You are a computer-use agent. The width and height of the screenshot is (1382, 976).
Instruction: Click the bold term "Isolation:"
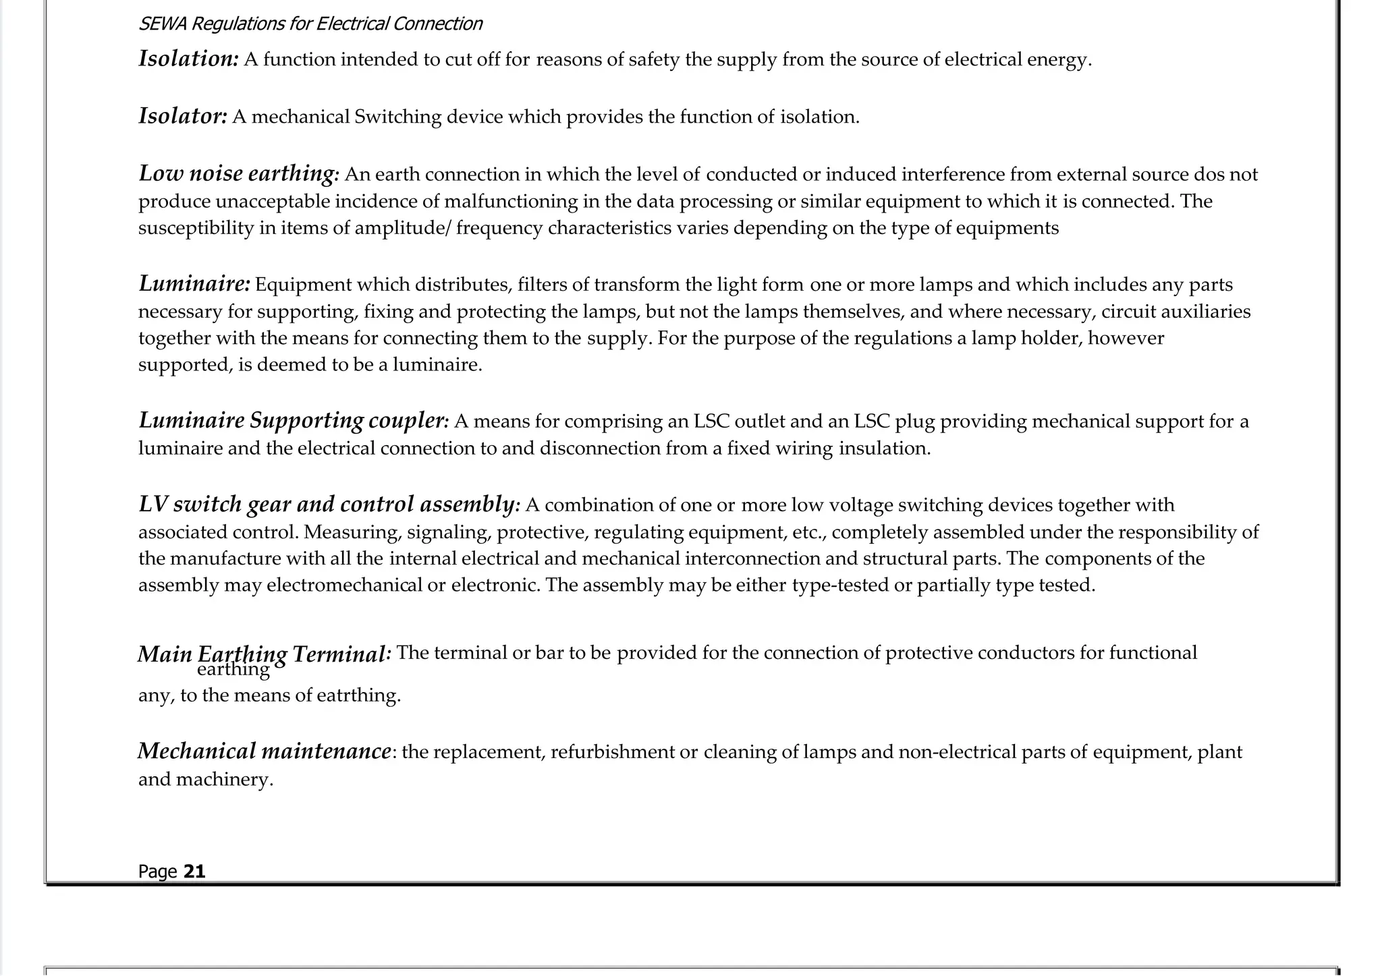coord(188,59)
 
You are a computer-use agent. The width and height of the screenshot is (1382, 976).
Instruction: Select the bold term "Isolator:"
coord(183,116)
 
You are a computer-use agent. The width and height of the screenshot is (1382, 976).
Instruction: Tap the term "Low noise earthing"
coord(237,173)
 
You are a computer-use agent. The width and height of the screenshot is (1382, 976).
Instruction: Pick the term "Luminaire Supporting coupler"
coord(292,420)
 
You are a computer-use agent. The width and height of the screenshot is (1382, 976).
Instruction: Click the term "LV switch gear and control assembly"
coord(327,504)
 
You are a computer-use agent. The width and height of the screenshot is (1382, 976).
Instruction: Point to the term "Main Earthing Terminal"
coord(263,654)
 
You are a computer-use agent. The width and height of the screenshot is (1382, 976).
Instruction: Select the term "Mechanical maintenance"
coord(264,751)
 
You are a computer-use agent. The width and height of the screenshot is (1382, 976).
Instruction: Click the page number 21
coord(194,871)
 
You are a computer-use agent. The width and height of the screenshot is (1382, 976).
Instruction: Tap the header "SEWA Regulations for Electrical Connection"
coord(310,24)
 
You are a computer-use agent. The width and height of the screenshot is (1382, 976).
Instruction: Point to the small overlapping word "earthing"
coord(233,669)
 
